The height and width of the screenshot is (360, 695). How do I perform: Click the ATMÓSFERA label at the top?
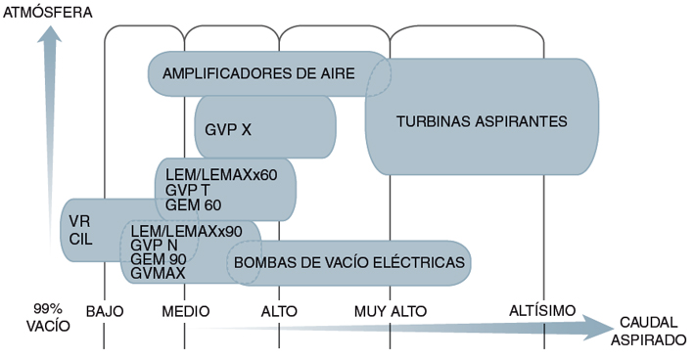coord(49,13)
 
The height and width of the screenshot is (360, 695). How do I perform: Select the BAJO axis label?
coord(105,311)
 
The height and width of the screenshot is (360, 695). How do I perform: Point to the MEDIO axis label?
coord(186,311)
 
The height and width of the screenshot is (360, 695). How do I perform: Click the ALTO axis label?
coord(280,311)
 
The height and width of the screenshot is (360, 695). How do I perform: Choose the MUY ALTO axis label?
coord(391,311)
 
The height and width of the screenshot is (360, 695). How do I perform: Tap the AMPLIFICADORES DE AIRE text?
coord(258,73)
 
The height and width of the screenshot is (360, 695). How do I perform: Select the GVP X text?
coord(229,128)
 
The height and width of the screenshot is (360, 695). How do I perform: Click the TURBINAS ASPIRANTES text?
coord(483,121)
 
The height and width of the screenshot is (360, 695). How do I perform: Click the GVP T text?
coord(188,190)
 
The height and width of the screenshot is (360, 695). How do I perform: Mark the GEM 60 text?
coord(193,204)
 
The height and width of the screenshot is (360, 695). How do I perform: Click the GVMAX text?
coord(158,274)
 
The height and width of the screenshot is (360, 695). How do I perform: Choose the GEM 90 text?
coord(159,259)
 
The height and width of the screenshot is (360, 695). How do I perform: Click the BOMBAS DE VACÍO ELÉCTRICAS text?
coord(348,262)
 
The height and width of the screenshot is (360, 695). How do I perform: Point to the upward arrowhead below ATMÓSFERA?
coord(51,36)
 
